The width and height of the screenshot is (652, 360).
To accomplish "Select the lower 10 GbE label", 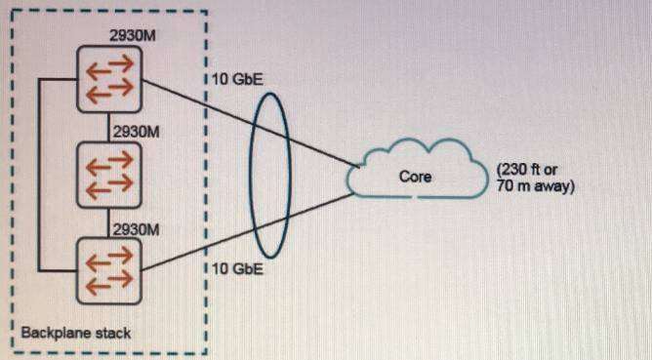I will [238, 267].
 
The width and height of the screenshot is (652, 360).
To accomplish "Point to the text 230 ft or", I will [532, 169].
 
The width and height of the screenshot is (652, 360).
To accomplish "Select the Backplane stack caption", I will [76, 333].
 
